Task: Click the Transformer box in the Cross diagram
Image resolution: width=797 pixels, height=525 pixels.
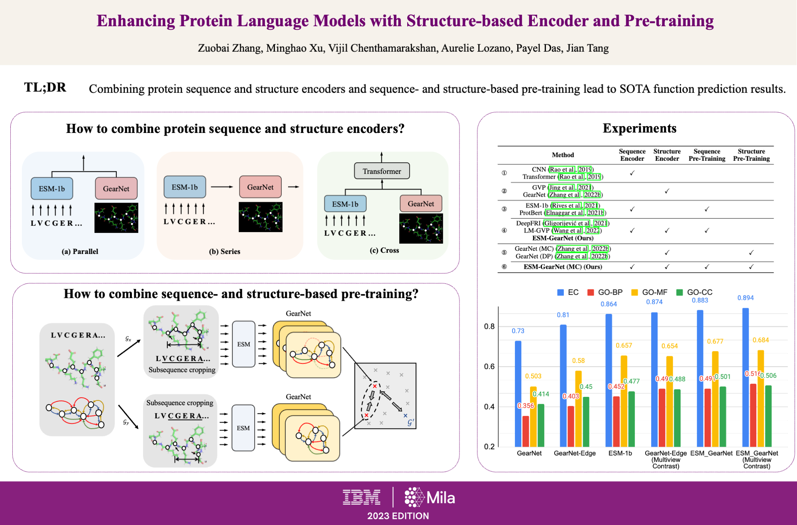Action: tap(382, 171)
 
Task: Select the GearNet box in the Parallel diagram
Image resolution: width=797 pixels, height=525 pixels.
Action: tap(116, 189)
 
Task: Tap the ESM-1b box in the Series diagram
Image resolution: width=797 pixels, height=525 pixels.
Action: tap(185, 187)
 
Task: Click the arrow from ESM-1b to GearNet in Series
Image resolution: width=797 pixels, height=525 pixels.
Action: tap(222, 187)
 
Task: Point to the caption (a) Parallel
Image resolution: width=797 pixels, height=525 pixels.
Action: tap(80, 251)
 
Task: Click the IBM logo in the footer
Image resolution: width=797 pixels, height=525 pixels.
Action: tap(361, 498)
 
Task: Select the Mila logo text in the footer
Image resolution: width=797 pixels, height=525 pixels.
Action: tap(440, 498)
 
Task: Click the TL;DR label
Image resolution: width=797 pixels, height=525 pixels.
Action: tap(45, 87)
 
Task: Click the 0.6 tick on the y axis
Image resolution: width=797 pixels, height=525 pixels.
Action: tap(489, 366)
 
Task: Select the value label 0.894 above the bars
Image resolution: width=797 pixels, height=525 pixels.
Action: tap(745, 298)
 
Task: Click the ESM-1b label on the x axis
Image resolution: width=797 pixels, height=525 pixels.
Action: tap(620, 453)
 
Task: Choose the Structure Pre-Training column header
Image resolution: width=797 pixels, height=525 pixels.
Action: tap(751, 155)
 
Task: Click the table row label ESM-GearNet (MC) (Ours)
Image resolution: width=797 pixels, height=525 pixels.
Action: tap(563, 267)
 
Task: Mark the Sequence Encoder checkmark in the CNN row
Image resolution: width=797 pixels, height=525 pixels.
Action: tap(632, 173)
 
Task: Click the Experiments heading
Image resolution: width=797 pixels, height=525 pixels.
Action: tap(640, 128)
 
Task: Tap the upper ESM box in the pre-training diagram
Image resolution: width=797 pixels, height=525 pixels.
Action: tap(243, 344)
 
